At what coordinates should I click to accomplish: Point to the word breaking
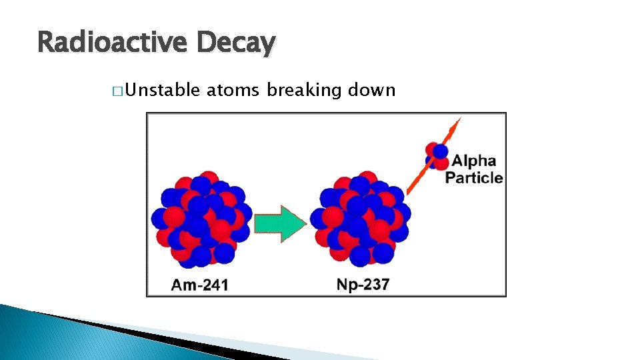[303, 90]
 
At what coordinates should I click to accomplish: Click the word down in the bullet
[372, 90]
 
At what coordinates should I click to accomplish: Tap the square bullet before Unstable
[117, 91]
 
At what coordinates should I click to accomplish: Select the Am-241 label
[200, 285]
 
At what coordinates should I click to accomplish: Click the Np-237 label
[363, 285]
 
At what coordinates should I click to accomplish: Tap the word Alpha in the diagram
[473, 161]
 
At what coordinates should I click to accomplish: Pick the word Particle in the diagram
[474, 177]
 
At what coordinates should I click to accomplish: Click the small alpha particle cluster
[437, 154]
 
